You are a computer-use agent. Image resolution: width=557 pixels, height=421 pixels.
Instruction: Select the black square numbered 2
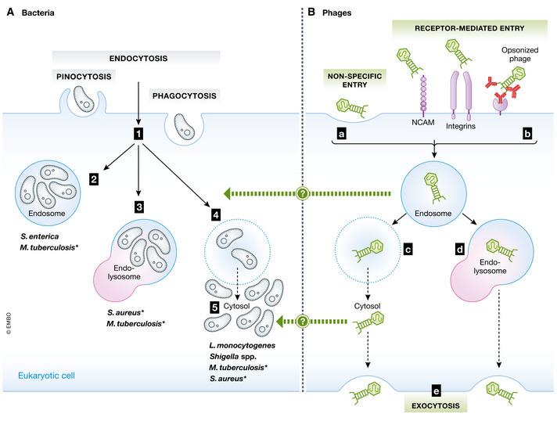tap(94, 179)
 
